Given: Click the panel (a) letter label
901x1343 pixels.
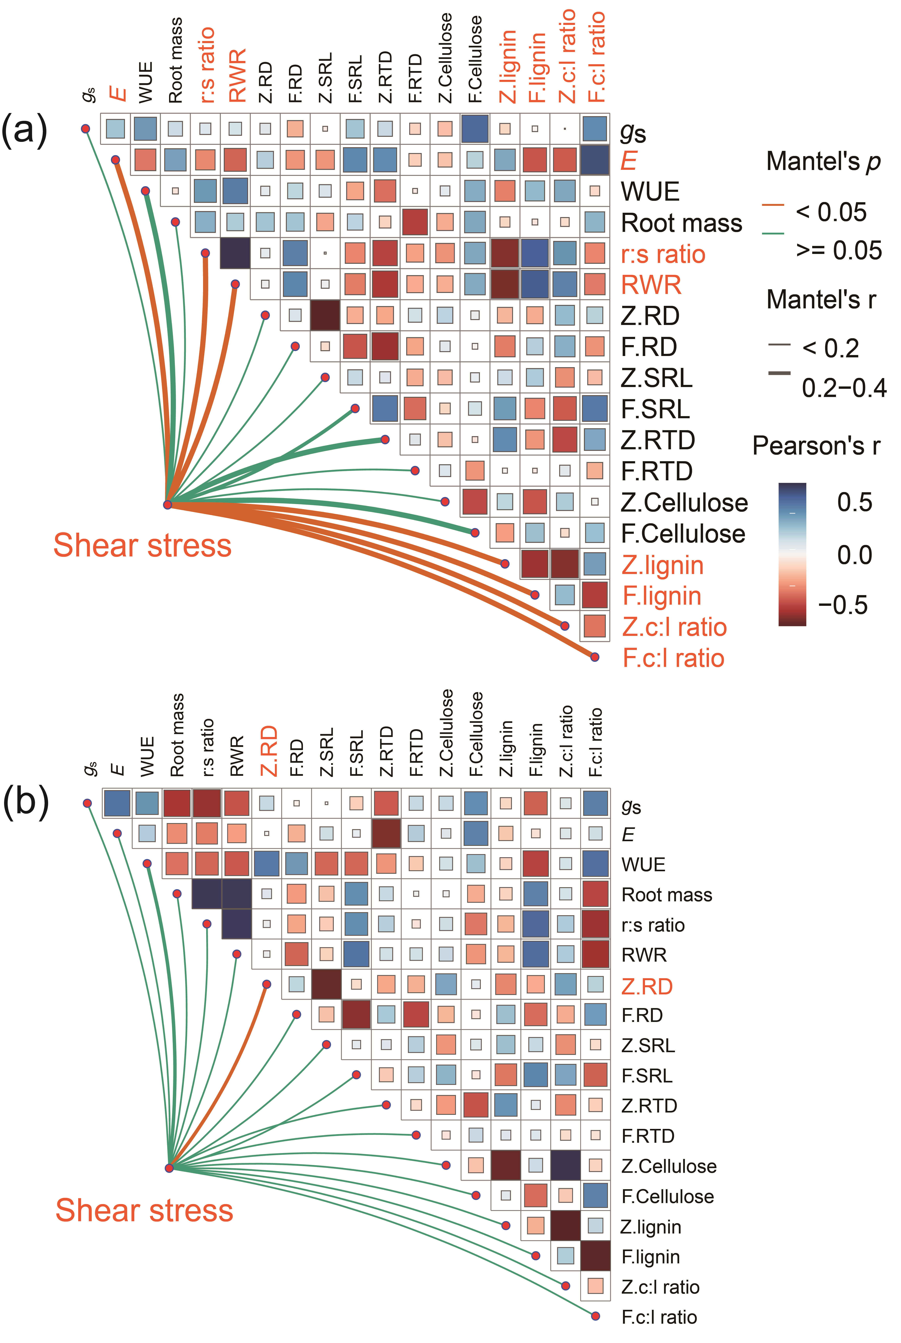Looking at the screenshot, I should click(x=24, y=130).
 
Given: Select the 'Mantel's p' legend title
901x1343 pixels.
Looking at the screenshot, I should click(x=823, y=162).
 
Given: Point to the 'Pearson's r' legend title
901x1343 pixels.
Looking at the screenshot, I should click(x=816, y=446).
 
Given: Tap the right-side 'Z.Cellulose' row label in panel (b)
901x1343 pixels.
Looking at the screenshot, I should click(x=669, y=1166).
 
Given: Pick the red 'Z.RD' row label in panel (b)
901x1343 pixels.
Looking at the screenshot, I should click(x=647, y=986).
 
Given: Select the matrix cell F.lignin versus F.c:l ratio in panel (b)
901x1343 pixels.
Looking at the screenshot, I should click(x=595, y=1255).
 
